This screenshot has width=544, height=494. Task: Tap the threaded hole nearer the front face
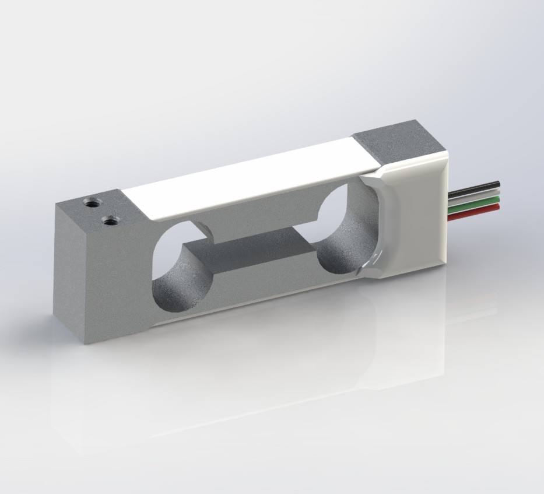(x=109, y=220)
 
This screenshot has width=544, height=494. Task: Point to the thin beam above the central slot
(x=257, y=213)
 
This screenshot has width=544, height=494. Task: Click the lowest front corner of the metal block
(x=86, y=344)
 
